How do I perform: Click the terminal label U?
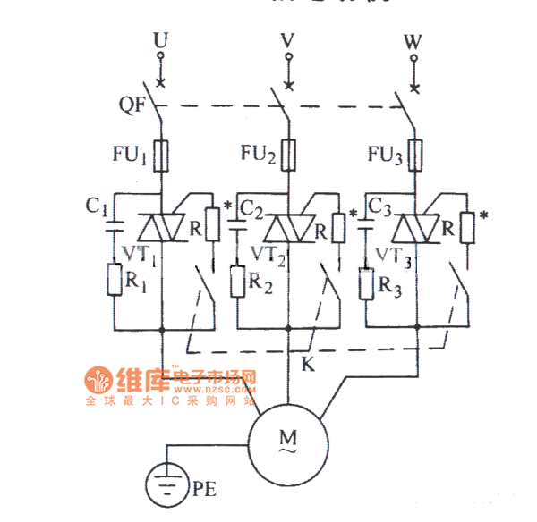click(x=160, y=39)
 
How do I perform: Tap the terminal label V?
click(x=287, y=39)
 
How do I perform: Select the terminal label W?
click(x=413, y=39)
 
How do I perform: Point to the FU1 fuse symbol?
click(x=162, y=156)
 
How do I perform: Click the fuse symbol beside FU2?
click(x=288, y=156)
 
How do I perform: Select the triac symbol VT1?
click(x=162, y=229)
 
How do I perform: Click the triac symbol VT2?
click(x=288, y=229)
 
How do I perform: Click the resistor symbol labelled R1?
click(x=115, y=280)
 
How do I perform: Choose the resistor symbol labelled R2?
click(x=238, y=282)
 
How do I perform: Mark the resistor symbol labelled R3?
click(x=366, y=283)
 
